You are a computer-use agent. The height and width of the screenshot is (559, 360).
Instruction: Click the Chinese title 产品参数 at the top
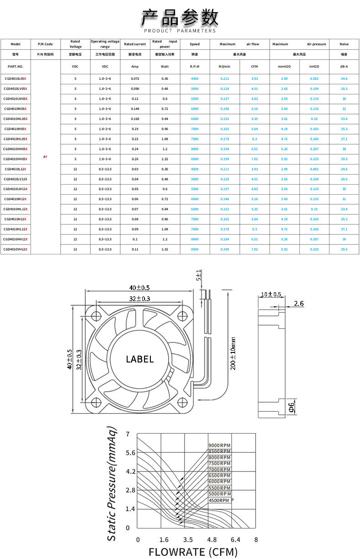[180, 17]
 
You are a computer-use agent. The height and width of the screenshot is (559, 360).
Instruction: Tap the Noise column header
[344, 44]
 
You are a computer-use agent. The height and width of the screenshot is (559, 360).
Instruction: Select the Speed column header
[195, 44]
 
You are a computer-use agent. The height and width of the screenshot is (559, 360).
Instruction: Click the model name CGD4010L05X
[15, 78]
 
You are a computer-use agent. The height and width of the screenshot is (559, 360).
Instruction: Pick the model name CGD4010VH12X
[15, 249]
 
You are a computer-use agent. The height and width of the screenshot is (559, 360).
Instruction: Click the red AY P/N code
[45, 157]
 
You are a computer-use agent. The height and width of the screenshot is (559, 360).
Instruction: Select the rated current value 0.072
[135, 78]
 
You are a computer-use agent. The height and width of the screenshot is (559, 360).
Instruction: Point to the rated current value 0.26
[135, 159]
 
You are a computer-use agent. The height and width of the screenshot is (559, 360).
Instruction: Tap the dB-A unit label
[344, 67]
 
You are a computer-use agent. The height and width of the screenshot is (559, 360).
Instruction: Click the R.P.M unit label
[195, 67]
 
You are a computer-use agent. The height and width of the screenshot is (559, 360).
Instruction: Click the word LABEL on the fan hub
[140, 359]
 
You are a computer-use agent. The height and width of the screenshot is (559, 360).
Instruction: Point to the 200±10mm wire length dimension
[233, 353]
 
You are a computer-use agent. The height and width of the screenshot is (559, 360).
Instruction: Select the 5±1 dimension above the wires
[198, 275]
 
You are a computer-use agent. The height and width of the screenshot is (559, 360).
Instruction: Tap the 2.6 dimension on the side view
[299, 303]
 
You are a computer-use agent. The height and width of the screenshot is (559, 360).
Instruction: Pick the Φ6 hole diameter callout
[292, 409]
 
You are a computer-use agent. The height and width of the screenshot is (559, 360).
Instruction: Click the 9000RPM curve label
[219, 445]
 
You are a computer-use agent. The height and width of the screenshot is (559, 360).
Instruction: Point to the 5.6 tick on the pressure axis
[131, 453]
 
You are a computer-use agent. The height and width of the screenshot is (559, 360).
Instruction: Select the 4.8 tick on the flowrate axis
[212, 539]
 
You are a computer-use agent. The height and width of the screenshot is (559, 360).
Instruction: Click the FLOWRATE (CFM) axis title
[193, 552]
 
